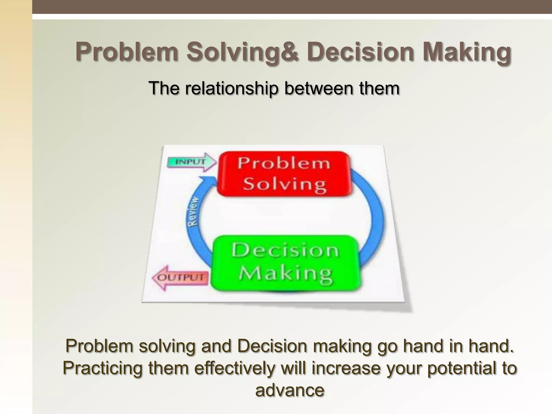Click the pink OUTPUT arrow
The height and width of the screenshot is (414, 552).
180,278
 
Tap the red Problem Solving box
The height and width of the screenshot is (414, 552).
284,174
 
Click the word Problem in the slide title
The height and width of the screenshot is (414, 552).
127,52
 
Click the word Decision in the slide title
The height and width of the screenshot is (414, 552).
361,52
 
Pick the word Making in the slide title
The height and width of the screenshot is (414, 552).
467,52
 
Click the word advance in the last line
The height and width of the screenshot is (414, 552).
289,390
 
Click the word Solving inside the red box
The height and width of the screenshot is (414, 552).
285,185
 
